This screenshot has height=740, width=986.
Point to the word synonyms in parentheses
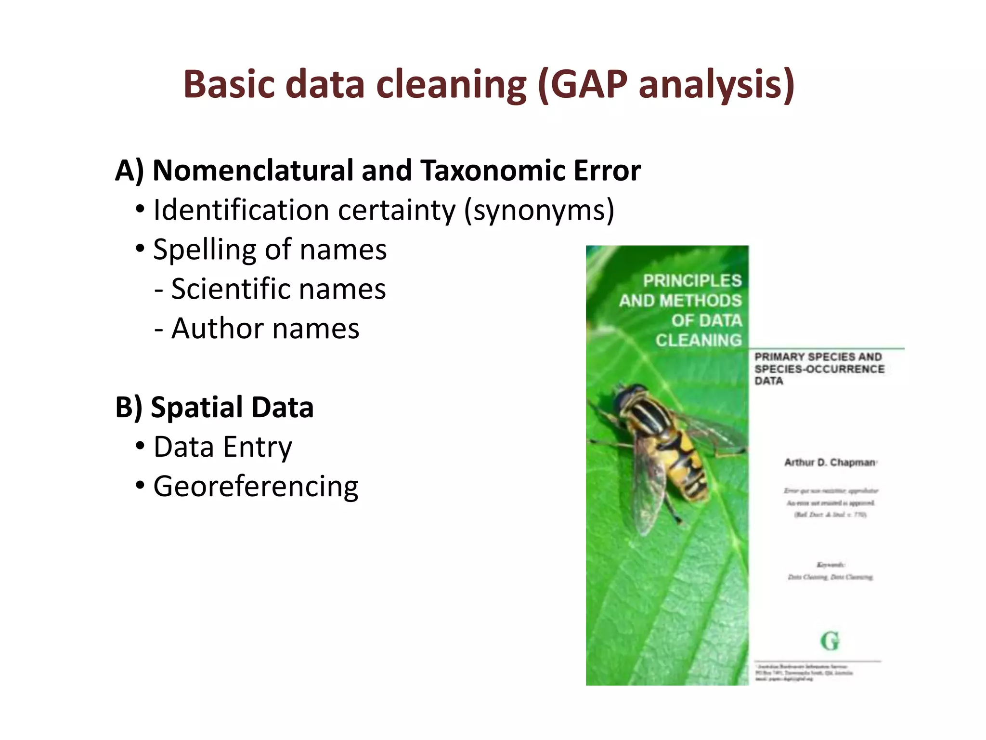coord(538,211)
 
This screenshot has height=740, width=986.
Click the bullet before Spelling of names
coord(140,250)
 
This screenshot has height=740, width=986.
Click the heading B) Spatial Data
coord(214,408)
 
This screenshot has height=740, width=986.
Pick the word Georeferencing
coord(256,487)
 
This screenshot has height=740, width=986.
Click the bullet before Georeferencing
coord(140,487)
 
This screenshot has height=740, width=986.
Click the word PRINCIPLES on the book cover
coord(692,280)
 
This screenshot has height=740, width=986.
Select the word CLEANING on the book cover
coord(698,340)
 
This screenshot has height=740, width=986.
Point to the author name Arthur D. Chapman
coord(830,462)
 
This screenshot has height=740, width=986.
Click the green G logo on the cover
coord(830,641)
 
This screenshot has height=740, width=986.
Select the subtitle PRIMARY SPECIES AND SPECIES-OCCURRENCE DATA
coord(818,369)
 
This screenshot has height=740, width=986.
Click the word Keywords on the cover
coord(830,564)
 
